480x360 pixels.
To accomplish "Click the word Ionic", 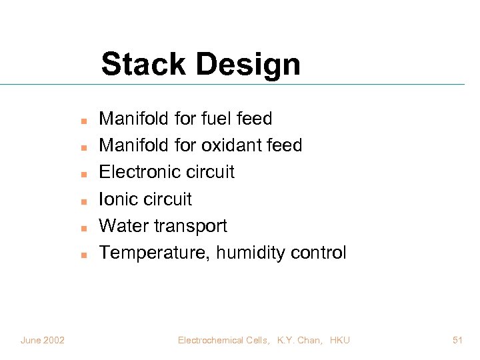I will (117, 199).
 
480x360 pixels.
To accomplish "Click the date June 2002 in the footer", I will (43, 341).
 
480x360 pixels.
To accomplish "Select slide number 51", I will (457, 341).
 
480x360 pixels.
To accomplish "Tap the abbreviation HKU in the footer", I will (339, 341).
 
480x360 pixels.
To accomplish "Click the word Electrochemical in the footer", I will (211, 341).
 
